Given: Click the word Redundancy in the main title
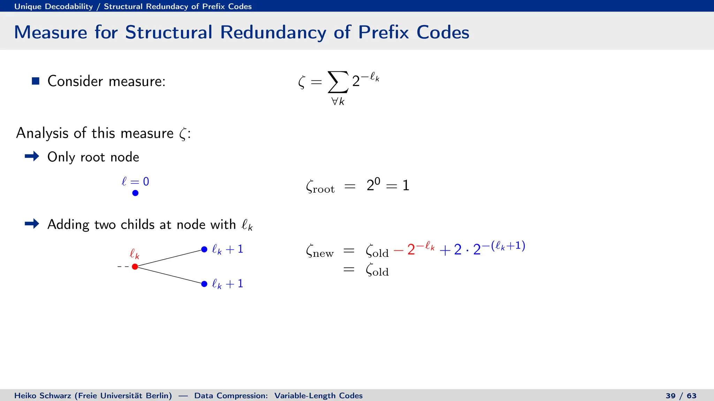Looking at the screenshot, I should tap(273, 32).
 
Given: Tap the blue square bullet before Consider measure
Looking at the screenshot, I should tap(36, 81).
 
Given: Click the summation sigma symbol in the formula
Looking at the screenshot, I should tap(338, 82).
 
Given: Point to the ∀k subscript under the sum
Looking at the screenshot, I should tap(338, 102).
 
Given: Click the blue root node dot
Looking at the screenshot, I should tap(135, 193).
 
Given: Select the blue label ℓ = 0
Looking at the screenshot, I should tap(135, 181).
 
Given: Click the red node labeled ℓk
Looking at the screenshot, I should tap(135, 267).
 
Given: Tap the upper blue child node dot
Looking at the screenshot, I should tap(204, 250).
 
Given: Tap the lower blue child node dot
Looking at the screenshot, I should tap(204, 284).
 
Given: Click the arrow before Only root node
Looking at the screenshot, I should tap(32, 156).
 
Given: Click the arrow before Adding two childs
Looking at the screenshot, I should tap(32, 223).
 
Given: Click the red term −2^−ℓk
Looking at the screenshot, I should tap(414, 249).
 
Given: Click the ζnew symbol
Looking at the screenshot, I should tap(319, 251).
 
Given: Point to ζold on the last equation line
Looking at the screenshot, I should tap(377, 270).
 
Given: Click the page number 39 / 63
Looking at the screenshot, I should tap(681, 396).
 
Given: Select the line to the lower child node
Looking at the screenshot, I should tap(170, 275).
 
